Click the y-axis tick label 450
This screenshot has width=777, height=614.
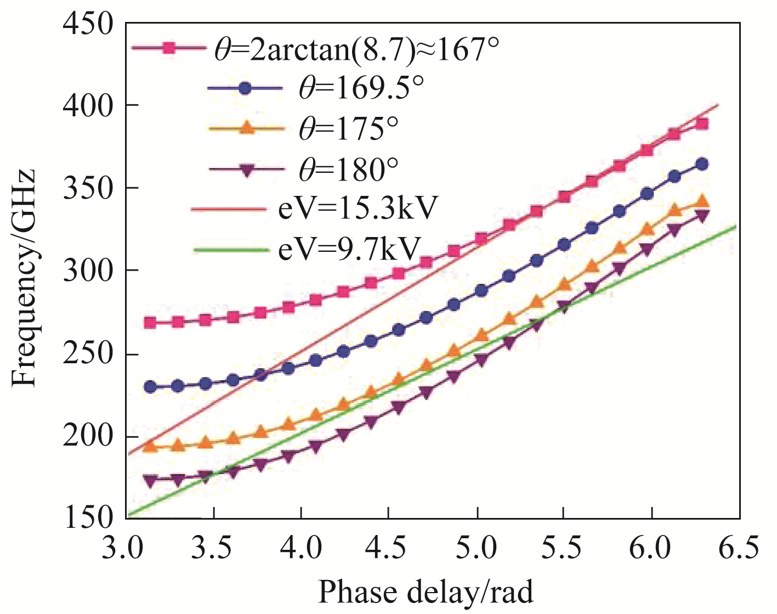coord(88,25)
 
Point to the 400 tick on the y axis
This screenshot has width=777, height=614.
coord(88,105)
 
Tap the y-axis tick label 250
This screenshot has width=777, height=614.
coord(88,353)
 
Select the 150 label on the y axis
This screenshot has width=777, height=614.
coord(88,519)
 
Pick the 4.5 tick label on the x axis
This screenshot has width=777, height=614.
coord(389,548)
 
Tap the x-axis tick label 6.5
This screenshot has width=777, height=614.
coord(739,548)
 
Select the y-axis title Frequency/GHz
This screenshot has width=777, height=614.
coord(24,277)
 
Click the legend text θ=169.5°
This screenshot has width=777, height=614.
coord(361,88)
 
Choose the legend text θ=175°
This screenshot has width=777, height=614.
coord(348,128)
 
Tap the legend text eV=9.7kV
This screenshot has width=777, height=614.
coord(349,249)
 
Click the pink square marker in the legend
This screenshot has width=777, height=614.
coord(169,48)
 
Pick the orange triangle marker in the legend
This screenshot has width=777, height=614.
coord(247,128)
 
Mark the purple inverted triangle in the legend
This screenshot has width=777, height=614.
coord(247,170)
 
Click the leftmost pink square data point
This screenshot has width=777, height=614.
coord(150,323)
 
